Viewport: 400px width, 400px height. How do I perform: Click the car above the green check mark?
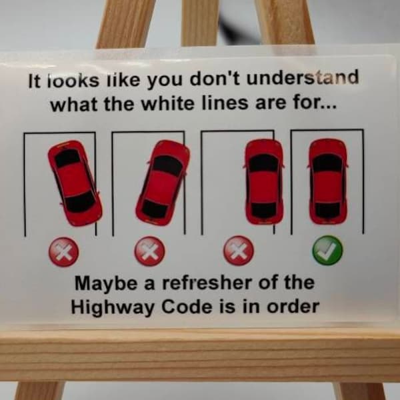pyautogui.click(x=327, y=181)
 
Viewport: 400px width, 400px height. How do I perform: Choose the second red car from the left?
pyautogui.click(x=163, y=182)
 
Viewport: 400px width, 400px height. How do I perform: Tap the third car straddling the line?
pyautogui.click(x=263, y=181)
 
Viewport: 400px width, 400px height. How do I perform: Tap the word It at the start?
pyautogui.click(x=35, y=81)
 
